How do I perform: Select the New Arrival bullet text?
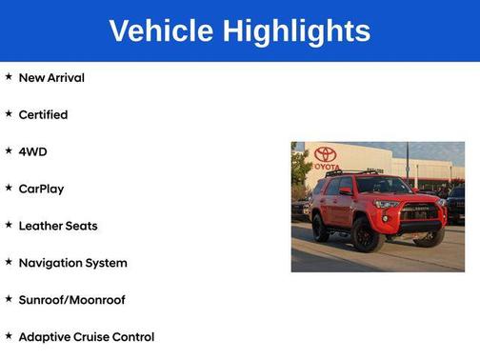coord(51,77)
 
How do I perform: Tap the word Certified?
coord(43,114)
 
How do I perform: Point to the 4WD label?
coord(32,151)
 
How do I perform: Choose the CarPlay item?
coord(41,189)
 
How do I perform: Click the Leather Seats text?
coord(57,226)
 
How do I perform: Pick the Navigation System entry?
coord(72,263)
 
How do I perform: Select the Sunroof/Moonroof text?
coord(71,300)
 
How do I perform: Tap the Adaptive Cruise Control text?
coord(86,337)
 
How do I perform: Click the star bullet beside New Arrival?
coord(9,76)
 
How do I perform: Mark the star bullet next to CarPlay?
coord(9,188)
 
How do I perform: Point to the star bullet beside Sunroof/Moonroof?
coord(9,299)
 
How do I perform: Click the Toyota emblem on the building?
coord(326,153)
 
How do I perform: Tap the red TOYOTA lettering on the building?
coord(326,165)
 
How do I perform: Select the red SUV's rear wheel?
coord(321,227)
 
